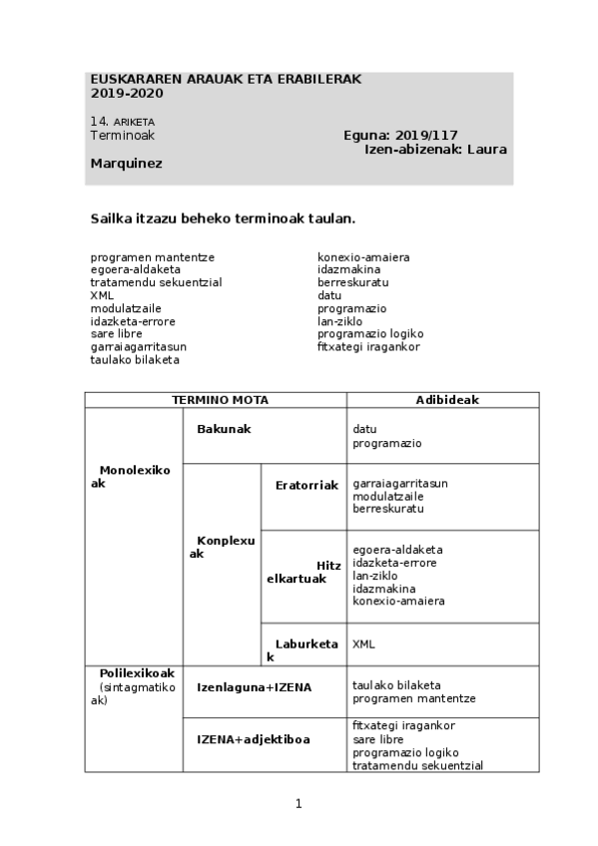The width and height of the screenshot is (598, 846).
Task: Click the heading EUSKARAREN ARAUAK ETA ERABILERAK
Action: coord(226,79)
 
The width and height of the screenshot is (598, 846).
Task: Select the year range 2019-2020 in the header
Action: coord(127,94)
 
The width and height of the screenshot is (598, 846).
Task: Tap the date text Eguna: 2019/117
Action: coord(399,136)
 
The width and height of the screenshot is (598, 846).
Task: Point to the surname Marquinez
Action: coord(127,163)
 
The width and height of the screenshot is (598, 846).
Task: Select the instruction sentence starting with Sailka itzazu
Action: coord(223,217)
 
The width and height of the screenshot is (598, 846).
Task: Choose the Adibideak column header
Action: coord(447,400)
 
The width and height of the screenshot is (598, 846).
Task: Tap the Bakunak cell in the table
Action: coord(224,429)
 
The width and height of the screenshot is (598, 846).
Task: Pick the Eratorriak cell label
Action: coord(306,484)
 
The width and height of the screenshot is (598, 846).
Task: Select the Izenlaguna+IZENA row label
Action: coord(254,687)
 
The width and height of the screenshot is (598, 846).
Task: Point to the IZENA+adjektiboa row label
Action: coord(253,739)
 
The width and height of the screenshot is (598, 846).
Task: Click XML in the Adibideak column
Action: coord(364,644)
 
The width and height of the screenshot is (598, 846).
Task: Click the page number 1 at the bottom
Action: coord(299,803)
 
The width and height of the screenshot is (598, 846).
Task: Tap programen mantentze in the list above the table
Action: coord(152,257)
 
